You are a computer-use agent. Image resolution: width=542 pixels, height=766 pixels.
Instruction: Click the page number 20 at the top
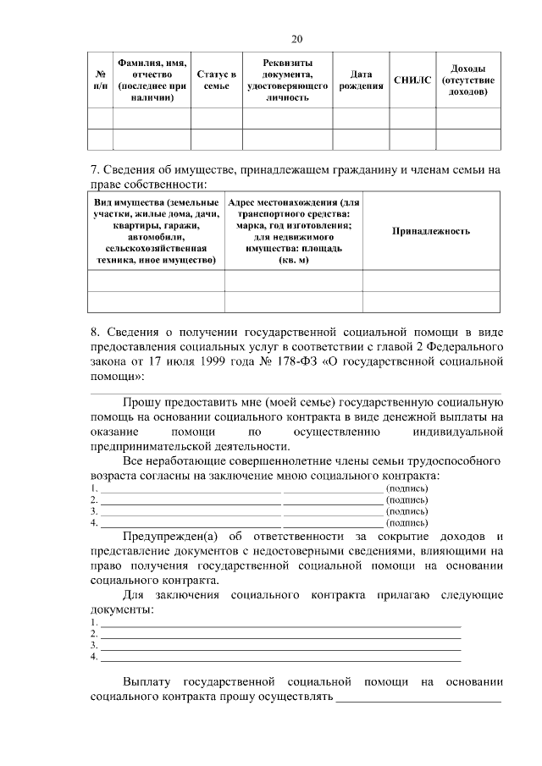[296, 39]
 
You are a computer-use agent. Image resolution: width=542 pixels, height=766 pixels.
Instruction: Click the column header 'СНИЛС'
[412, 80]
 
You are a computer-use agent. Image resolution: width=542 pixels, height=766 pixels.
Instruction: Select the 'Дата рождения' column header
[361, 80]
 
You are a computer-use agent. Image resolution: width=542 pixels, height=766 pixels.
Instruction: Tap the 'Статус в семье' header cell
[216, 80]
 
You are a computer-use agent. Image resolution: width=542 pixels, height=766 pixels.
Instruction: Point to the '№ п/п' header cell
[101, 80]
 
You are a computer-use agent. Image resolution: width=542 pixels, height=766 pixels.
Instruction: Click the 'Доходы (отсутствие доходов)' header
[467, 80]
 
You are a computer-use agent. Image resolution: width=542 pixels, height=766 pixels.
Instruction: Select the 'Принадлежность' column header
[431, 231]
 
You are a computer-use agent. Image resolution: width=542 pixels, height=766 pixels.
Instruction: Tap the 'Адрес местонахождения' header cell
[293, 231]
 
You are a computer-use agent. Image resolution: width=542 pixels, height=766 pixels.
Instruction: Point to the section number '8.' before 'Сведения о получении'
[95, 331]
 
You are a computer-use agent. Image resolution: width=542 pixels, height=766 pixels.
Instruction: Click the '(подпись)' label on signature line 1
[406, 489]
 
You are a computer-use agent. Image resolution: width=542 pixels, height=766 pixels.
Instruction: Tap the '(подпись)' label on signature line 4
[406, 522]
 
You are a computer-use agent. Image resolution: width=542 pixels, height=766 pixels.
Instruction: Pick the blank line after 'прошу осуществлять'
[418, 698]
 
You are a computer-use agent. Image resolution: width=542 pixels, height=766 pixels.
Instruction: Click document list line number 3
[94, 645]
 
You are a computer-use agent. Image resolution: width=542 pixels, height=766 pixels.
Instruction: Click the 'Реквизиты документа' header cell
[287, 80]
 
